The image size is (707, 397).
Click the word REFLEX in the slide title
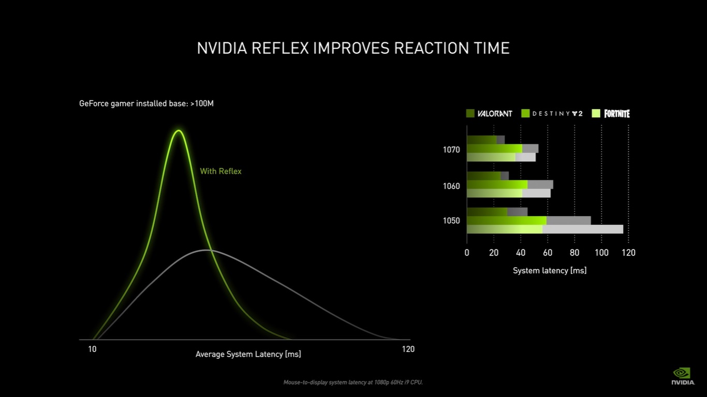tap(279, 48)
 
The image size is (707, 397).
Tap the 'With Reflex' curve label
tap(220, 171)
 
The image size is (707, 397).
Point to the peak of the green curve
tap(179, 131)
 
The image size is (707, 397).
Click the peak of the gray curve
tap(207, 250)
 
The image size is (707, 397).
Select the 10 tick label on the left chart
tap(92, 349)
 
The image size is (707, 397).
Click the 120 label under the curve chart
tap(408, 349)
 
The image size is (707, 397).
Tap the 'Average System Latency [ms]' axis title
tap(248, 354)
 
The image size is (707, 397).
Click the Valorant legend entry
tap(489, 113)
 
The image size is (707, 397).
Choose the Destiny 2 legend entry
tap(552, 113)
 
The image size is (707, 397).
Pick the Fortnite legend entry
tap(611, 113)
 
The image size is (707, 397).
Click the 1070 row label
tap(451, 150)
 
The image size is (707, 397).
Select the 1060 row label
tap(451, 186)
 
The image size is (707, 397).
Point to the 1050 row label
tap(451, 221)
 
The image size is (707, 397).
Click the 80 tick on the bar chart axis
tap(575, 253)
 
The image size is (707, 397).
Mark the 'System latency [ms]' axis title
tap(550, 270)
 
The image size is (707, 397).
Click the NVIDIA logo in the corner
tap(683, 376)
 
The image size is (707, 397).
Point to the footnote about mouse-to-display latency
tap(353, 383)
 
